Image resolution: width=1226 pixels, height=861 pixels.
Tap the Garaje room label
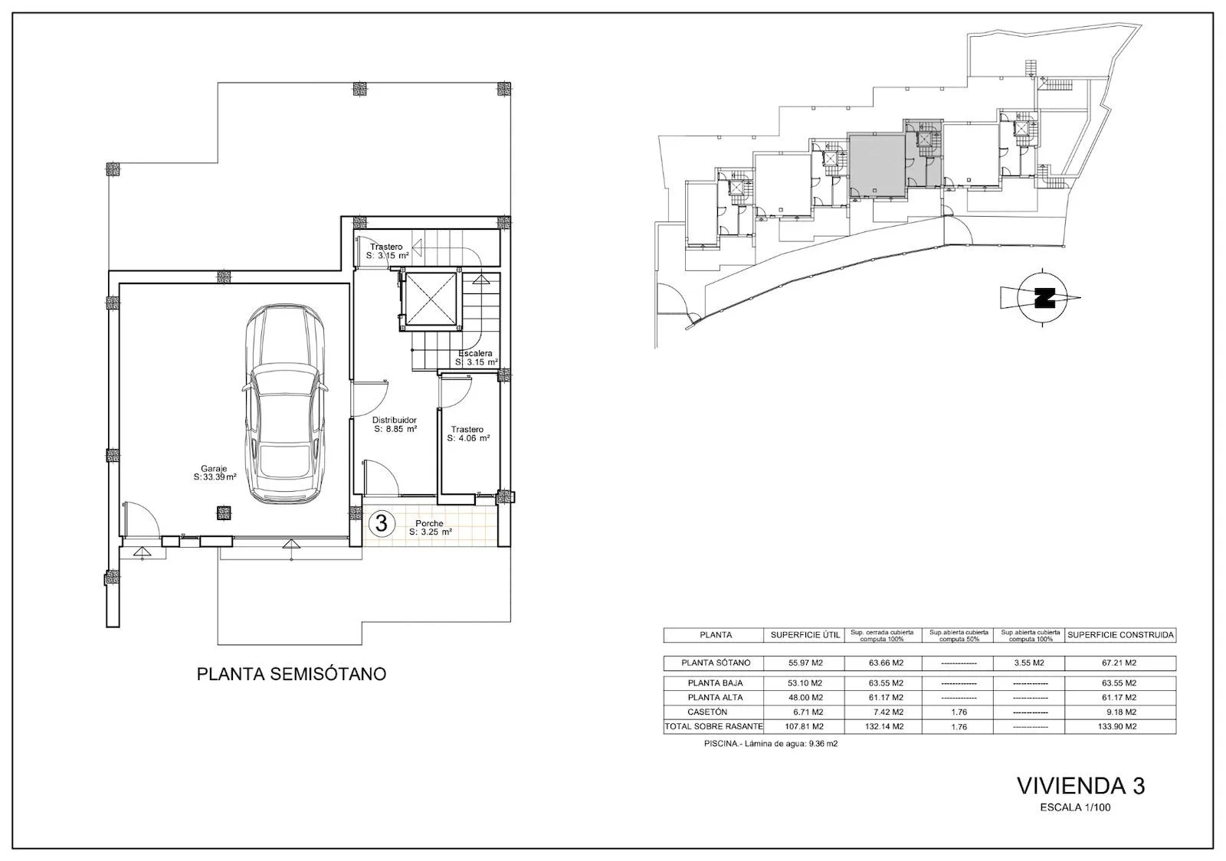[215, 473]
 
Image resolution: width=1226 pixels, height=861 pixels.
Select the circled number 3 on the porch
[381, 523]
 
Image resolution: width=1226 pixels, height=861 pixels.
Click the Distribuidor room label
[395, 424]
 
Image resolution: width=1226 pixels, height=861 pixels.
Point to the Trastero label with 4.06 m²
[468, 434]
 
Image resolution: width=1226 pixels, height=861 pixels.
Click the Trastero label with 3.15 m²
[387, 251]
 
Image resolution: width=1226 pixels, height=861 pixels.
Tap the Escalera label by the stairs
[476, 358]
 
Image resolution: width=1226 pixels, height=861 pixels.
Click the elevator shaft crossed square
[430, 300]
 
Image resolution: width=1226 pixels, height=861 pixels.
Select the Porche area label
[430, 527]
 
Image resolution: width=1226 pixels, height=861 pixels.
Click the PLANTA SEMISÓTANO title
[291, 674]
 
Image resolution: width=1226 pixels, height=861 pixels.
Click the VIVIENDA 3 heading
[1081, 786]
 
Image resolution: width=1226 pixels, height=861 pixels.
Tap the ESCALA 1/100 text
[1076, 807]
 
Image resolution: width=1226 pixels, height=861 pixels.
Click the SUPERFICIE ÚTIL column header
[805, 635]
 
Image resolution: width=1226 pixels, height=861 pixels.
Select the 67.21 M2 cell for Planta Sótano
[1119, 663]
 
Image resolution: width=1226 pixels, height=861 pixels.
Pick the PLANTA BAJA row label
[716, 683]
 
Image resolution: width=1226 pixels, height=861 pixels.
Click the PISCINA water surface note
[771, 744]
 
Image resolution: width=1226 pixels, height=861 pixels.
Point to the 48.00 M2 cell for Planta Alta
[805, 698]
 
